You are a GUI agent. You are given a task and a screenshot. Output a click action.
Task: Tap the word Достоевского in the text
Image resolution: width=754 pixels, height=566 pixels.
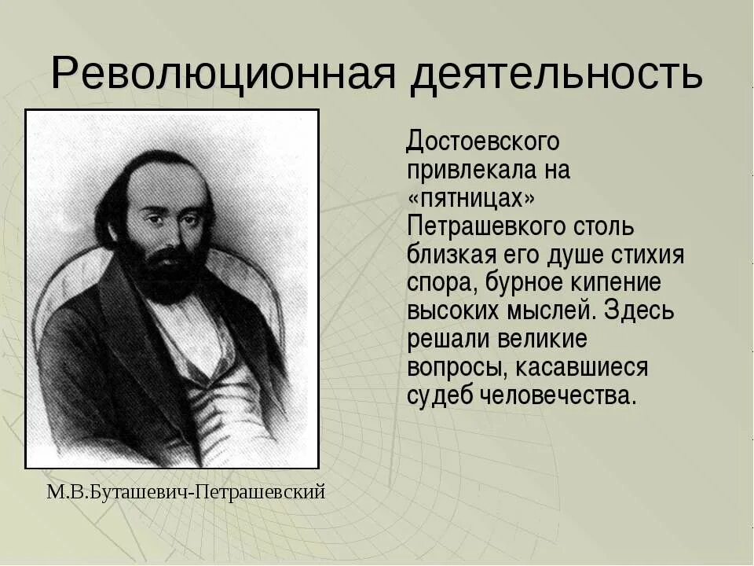(483, 141)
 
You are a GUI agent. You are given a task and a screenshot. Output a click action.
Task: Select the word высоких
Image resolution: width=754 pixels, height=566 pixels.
(453, 311)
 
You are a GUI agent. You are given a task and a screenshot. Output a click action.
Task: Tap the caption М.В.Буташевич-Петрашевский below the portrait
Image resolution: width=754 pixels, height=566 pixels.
(185, 493)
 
